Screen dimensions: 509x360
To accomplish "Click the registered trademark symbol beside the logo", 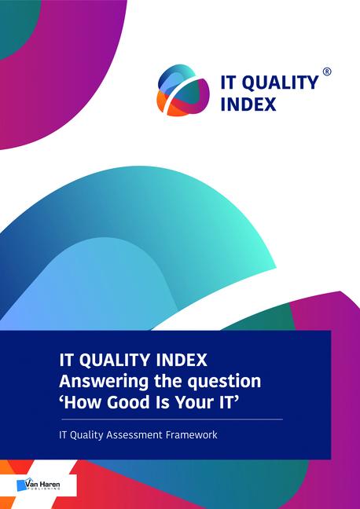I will [327, 71].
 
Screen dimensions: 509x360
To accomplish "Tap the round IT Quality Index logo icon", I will [182, 89].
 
